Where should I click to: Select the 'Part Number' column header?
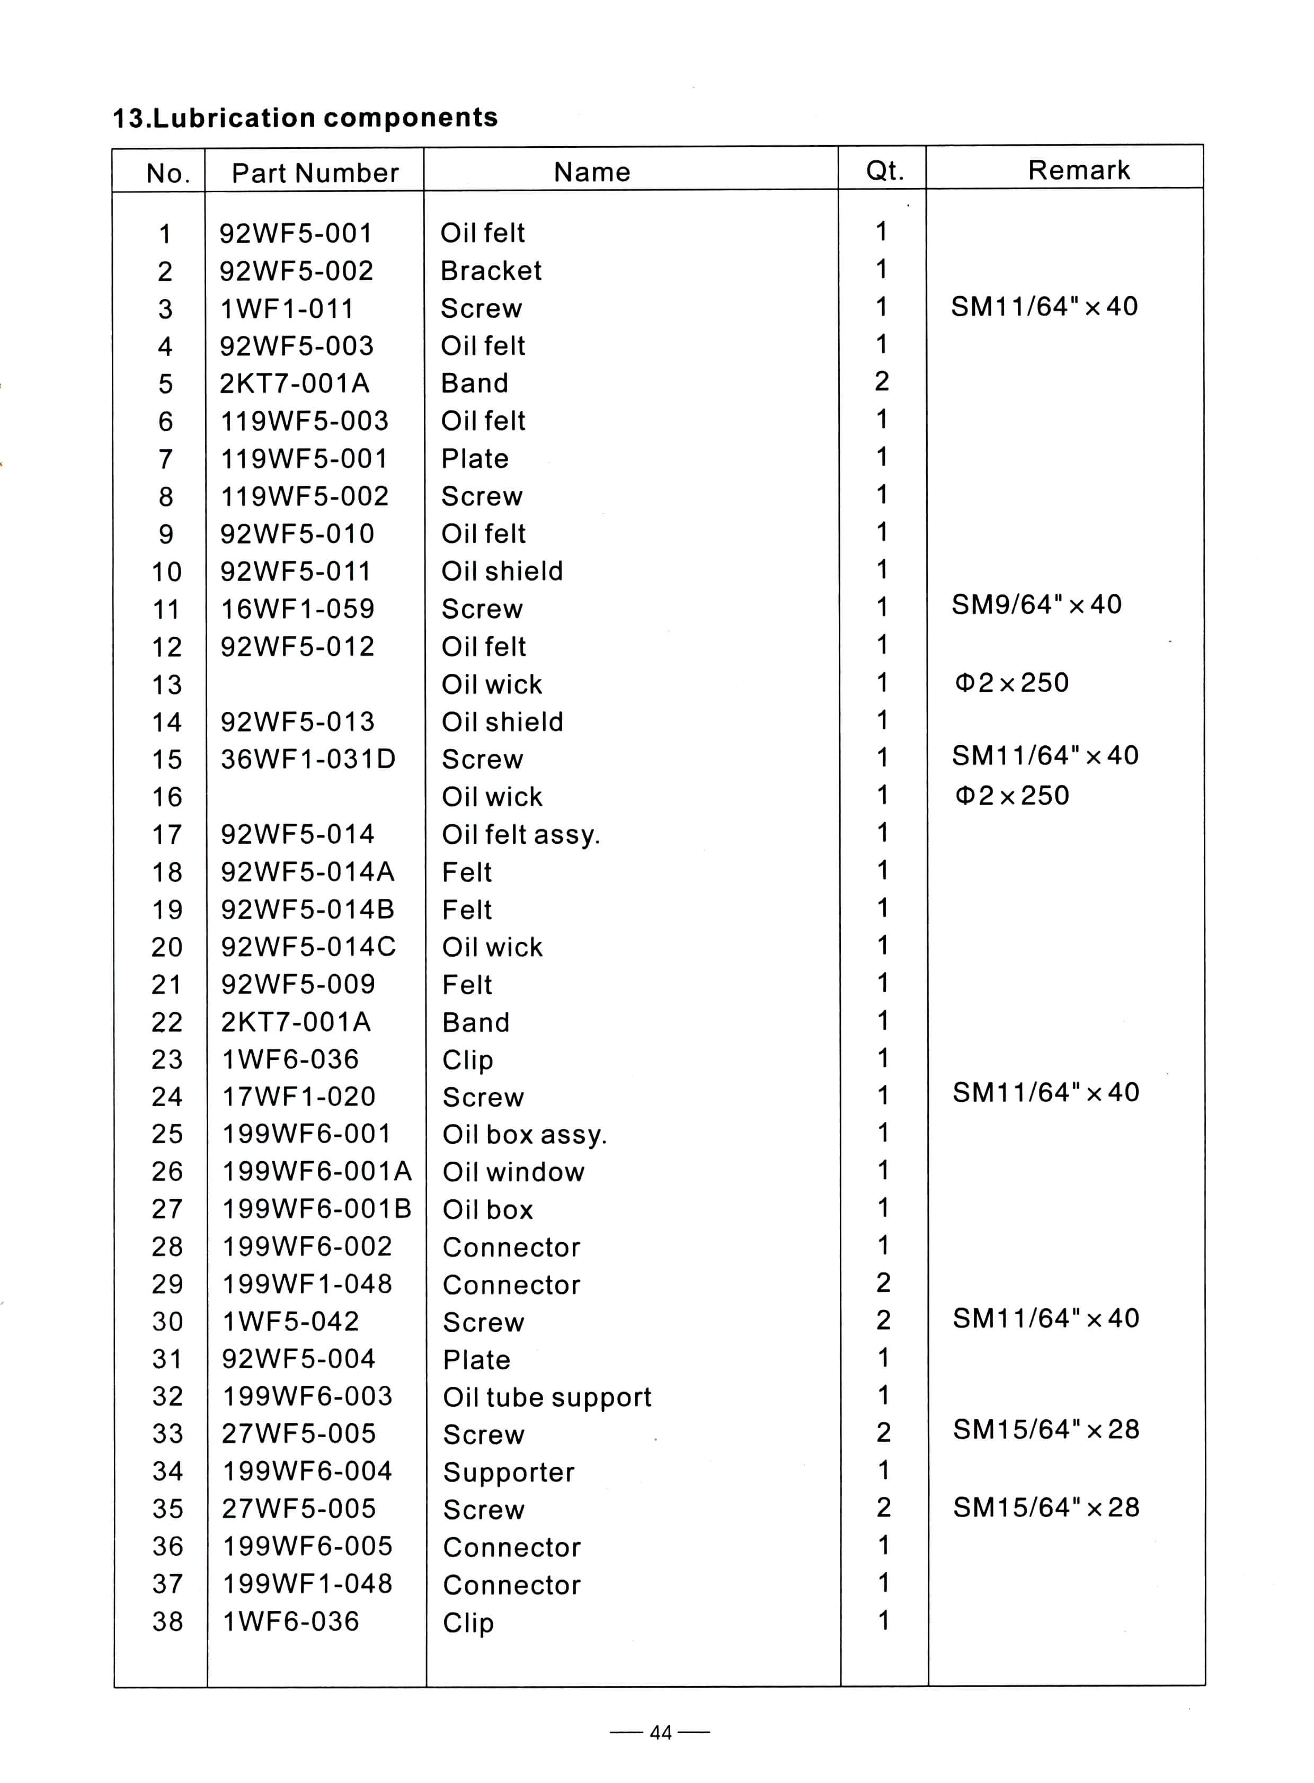315,173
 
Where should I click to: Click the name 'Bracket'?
491,271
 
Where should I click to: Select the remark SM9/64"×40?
1036,604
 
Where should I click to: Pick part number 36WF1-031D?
308,760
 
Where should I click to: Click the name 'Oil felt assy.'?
521,835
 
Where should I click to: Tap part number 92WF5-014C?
308,947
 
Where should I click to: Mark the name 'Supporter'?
508,1472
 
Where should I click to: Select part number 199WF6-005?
307,1547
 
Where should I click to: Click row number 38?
168,1621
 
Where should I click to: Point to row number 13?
167,685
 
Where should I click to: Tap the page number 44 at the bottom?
660,1733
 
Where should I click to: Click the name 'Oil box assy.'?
524,1135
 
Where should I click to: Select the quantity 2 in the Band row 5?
881,382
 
